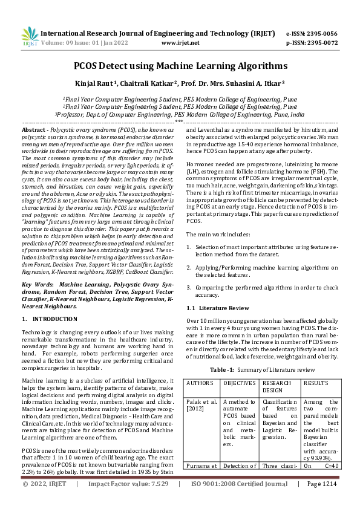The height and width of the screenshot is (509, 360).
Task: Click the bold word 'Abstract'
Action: tap(33, 130)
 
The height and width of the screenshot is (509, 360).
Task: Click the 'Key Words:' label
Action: tap(38, 284)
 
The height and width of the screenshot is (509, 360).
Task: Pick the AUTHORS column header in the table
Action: tap(200, 383)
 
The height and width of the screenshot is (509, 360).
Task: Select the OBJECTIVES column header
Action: tap(239, 383)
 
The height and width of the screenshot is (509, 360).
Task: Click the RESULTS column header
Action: tap(315, 383)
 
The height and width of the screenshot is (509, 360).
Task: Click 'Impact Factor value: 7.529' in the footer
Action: tap(128, 501)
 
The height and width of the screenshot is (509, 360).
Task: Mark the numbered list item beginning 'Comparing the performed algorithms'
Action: tap(267, 291)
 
